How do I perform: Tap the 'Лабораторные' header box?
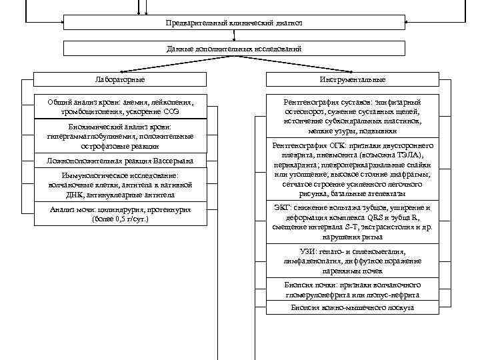tap(120, 80)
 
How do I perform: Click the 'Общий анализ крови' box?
tap(120, 107)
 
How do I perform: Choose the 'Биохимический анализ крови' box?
tap(120, 136)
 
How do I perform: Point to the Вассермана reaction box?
tap(120, 161)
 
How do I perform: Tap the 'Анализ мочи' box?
tap(120, 214)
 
